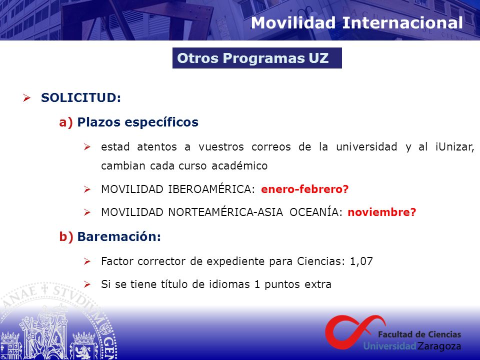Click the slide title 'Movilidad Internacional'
pyautogui.click(x=356, y=23)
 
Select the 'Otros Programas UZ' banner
pyautogui.click(x=257, y=58)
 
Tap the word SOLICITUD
pyautogui.click(x=81, y=97)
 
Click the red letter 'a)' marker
pyautogui.click(x=66, y=122)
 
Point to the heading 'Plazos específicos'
pyautogui.click(x=138, y=122)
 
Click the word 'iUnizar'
pyautogui.click(x=454, y=147)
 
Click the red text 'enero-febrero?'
pyautogui.click(x=304, y=189)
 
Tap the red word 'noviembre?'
pyautogui.click(x=382, y=212)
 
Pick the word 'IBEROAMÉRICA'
pyautogui.click(x=211, y=189)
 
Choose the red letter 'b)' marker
pyautogui.click(x=66, y=236)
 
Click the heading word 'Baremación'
pyautogui.click(x=119, y=236)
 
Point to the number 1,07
pyautogui.click(x=361, y=261)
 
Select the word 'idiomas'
pyautogui.click(x=229, y=284)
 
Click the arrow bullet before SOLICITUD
pyautogui.click(x=26, y=98)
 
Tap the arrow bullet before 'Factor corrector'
pyautogui.click(x=87, y=261)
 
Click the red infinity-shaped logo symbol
pyautogui.click(x=355, y=332)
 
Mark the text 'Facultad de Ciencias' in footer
pyautogui.click(x=419, y=334)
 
